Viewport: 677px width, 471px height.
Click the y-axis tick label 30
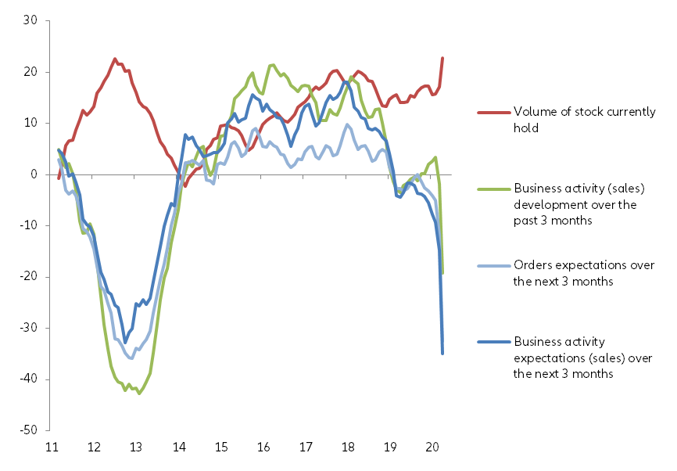[31, 21]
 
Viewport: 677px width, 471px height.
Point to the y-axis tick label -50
[29, 430]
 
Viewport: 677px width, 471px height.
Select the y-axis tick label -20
[29, 277]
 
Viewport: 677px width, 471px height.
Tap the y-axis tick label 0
[35, 174]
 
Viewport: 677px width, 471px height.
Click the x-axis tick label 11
[52, 448]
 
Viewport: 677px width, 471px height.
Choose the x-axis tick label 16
[263, 448]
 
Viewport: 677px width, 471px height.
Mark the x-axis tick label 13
[137, 448]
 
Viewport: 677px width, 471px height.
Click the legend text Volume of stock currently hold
[584, 120]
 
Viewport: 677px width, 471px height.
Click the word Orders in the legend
[532, 266]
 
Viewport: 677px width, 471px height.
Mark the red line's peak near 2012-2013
[115, 59]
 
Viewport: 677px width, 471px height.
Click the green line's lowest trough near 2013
[139, 394]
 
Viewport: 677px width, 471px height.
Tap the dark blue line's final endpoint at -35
[442, 353]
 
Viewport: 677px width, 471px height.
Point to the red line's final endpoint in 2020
[442, 58]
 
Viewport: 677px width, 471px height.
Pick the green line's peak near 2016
[272, 65]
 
